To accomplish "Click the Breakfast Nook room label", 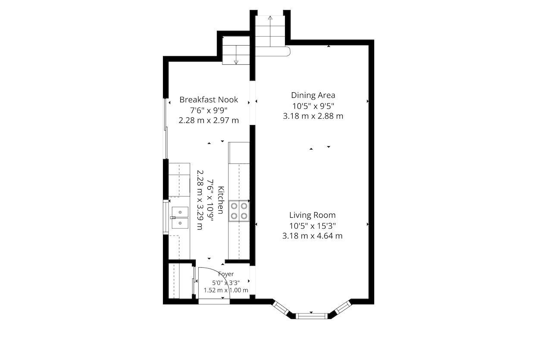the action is point(209,100).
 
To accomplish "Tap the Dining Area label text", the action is point(313,95).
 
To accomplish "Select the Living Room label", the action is point(313,215).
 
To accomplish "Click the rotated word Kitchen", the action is point(221,200).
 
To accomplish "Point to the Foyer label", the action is point(226,274).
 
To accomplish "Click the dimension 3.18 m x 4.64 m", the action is point(313,236).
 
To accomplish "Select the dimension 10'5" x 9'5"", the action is point(313,106).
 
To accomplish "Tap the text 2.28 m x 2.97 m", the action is point(209,120).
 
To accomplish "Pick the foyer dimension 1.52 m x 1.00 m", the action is point(226,290).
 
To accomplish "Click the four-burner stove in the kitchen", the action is point(239,211).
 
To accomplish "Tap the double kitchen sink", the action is point(180,218).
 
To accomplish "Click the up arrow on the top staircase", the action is point(270,31).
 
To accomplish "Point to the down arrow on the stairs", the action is point(236,55).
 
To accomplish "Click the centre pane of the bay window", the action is point(311,316).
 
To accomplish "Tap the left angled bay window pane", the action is point(281,308).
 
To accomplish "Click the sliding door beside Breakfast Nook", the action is point(166,128).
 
